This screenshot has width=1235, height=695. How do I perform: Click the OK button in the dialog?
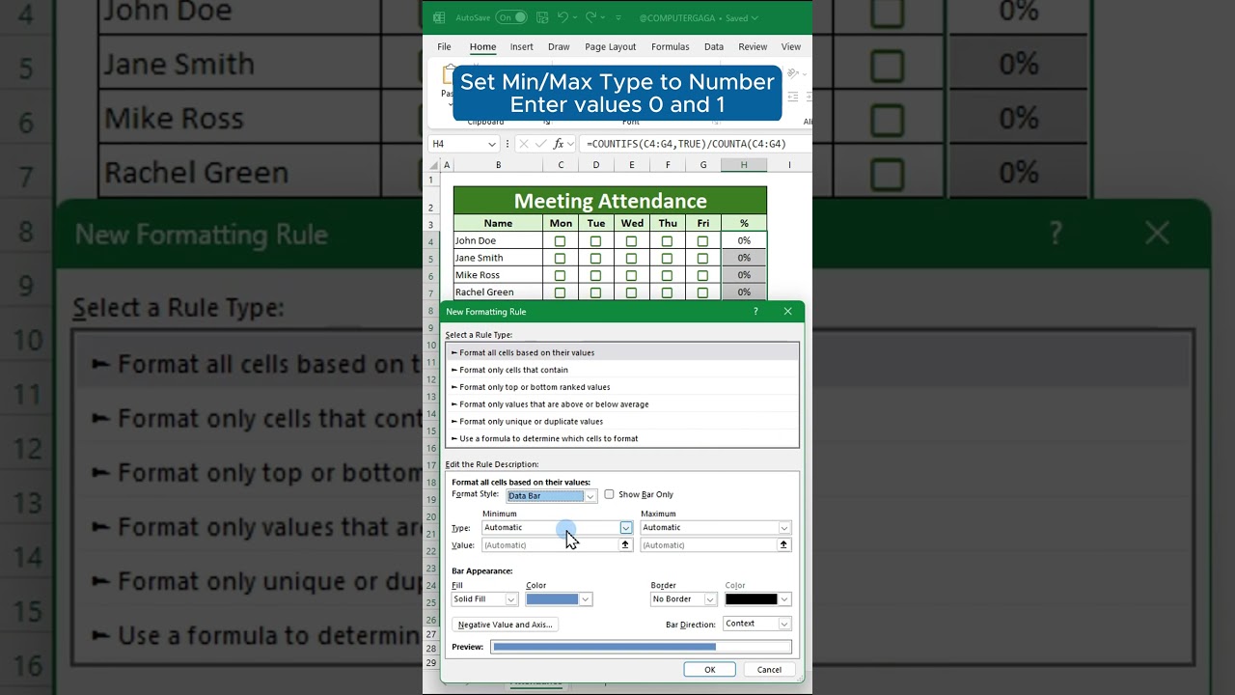click(x=709, y=670)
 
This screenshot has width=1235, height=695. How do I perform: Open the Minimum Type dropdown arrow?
click(x=625, y=528)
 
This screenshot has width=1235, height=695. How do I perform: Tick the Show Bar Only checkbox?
click(x=609, y=494)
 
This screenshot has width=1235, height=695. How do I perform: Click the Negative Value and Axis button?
click(x=505, y=625)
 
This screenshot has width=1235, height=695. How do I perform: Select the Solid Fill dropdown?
click(x=484, y=599)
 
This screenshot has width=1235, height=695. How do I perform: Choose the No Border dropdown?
click(x=683, y=599)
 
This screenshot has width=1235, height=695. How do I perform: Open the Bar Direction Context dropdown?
click(x=756, y=624)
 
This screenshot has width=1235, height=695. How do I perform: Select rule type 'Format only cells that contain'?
click(x=513, y=370)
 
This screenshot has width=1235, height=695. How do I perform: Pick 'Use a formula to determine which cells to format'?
click(x=548, y=438)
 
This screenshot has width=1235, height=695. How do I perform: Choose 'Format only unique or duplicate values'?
click(x=531, y=421)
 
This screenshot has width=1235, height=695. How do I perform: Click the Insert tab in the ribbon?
click(x=521, y=46)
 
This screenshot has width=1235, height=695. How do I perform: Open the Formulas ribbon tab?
click(x=670, y=46)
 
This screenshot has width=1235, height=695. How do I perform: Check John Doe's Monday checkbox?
click(x=560, y=241)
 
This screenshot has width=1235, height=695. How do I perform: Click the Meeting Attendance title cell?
click(x=610, y=201)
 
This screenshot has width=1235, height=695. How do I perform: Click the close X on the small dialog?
click(x=787, y=312)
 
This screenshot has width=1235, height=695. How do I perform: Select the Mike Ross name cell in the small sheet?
click(x=498, y=275)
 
